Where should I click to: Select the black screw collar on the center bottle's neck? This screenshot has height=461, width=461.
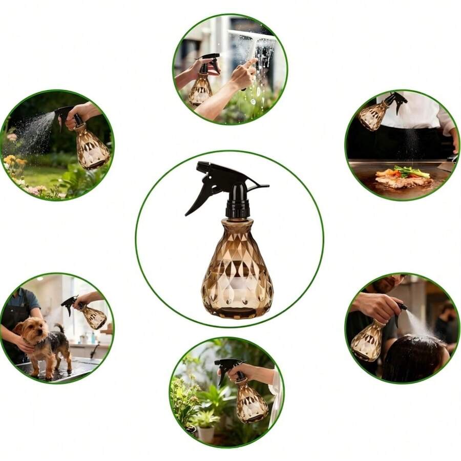coord(238,208)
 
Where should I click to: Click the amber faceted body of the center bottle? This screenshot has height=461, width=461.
coord(237,271)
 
